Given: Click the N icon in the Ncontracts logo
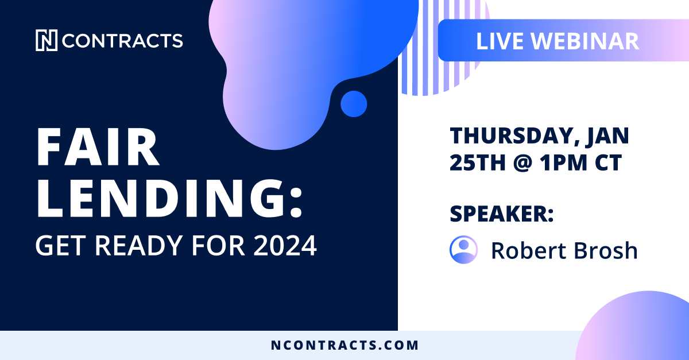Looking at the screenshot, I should tap(47, 41).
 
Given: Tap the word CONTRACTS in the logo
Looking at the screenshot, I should tap(122, 41).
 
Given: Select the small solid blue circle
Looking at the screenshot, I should tap(353, 104).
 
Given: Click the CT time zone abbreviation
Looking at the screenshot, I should tap(607, 164).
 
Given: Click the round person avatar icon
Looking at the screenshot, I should tap(463, 250).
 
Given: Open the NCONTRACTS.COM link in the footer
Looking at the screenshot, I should tap(344, 346).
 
